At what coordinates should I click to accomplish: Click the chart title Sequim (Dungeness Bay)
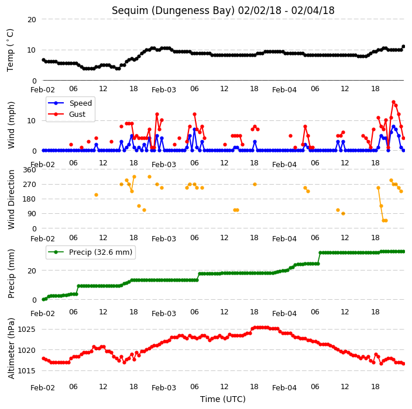(x=173, y=11)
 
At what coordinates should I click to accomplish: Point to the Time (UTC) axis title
(x=223, y=399)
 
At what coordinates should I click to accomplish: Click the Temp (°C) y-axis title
(x=11, y=50)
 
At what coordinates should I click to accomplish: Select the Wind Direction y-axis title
(x=11, y=199)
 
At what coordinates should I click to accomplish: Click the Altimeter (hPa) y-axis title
(x=11, y=348)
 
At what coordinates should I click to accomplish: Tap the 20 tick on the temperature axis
(x=32, y=19)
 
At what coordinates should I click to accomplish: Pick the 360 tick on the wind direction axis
(x=29, y=170)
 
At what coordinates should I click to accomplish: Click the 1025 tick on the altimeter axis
(x=26, y=329)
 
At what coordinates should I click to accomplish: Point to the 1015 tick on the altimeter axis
(x=26, y=370)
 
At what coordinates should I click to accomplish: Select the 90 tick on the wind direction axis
(x=32, y=213)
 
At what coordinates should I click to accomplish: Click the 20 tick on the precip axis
(x=32, y=271)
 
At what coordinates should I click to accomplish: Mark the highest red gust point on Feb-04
(x=394, y=102)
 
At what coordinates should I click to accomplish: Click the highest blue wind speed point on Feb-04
(x=394, y=127)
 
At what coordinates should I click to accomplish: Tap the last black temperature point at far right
(x=404, y=47)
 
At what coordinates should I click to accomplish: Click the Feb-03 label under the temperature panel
(x=164, y=90)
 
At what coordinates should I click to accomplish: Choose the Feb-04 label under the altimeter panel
(x=284, y=388)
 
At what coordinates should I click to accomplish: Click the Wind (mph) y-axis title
(x=11, y=125)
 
